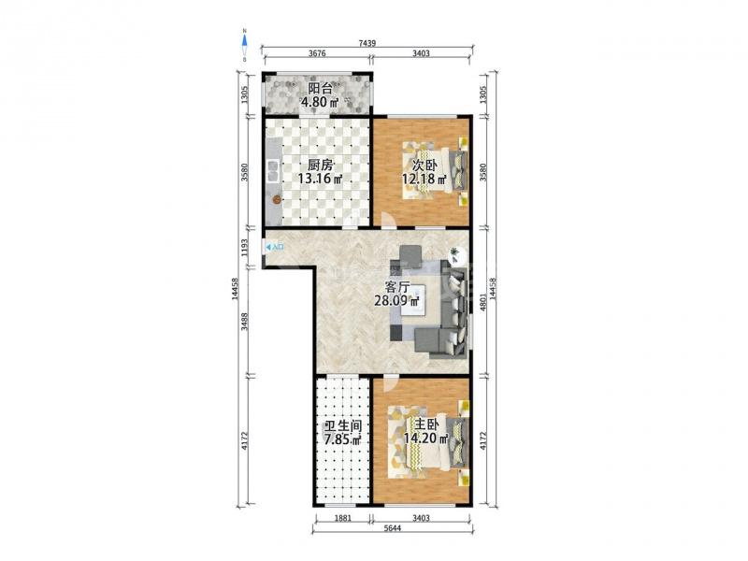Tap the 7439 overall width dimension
coord(367,43)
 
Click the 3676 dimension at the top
coord(317,53)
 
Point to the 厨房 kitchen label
coord(320,165)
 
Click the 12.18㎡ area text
coord(424,180)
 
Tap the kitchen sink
coord(273,171)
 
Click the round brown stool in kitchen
coord(276,200)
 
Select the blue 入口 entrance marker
coord(275,247)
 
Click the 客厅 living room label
coord(397,287)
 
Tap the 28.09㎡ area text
coord(396,301)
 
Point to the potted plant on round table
coord(455,252)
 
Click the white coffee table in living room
coord(413,300)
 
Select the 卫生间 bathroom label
coord(343,426)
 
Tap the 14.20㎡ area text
coord(426,439)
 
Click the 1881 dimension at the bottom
coord(342,518)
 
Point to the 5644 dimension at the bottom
coord(392,528)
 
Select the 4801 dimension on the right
coord(482,303)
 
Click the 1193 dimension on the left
coord(245,248)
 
